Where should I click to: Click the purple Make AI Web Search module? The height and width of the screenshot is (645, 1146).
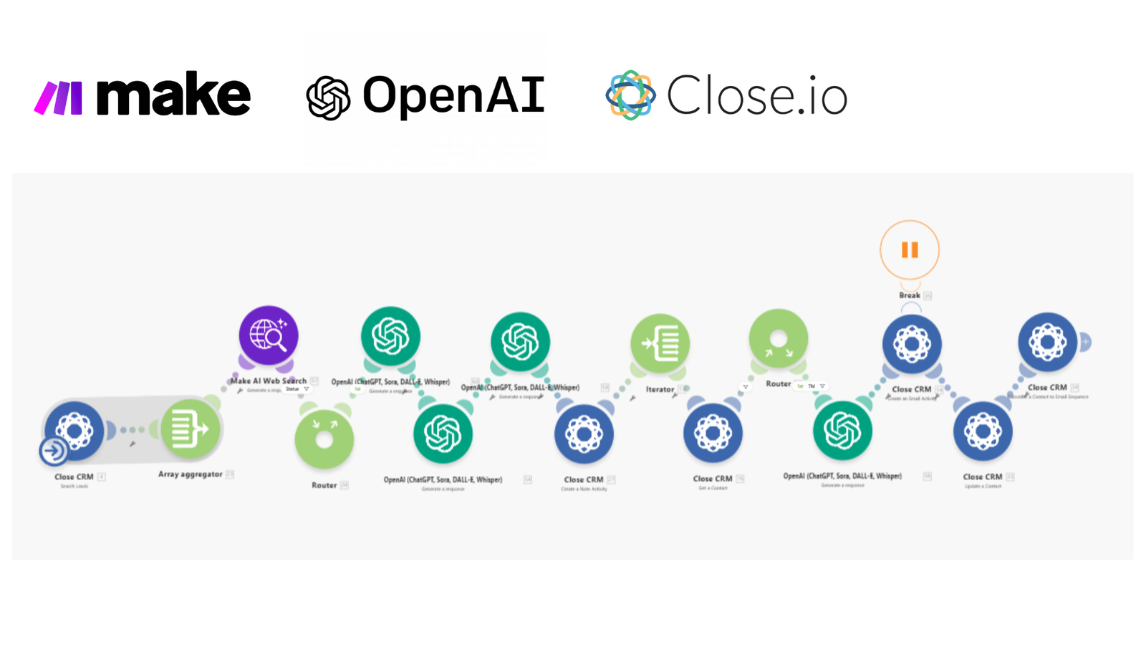coord(269,335)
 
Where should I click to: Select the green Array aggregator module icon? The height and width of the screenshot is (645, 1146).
coord(190,429)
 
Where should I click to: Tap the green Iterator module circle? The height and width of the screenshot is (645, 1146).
coord(660,343)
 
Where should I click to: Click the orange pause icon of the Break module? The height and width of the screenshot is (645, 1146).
coord(910,249)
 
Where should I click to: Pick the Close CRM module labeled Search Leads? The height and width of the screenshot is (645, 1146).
coord(74,430)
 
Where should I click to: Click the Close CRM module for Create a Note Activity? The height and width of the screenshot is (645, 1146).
coord(584,434)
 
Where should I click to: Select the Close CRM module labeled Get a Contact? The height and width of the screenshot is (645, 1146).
coord(713,432)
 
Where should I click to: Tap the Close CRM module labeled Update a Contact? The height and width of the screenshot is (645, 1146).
coord(983,431)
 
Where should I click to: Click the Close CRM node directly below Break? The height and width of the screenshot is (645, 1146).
coord(911,344)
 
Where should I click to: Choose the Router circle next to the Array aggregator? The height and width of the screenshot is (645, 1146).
coord(324,438)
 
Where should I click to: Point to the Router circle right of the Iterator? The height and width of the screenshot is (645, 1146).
coord(779,339)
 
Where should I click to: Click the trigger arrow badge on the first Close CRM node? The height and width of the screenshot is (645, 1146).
coord(54,451)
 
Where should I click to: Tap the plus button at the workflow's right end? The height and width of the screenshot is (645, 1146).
coord(1085,343)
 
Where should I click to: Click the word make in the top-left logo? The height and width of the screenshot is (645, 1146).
coord(173,95)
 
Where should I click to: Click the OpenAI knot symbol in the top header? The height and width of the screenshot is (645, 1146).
coord(328,97)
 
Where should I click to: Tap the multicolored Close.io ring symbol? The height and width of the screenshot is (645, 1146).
coord(630,95)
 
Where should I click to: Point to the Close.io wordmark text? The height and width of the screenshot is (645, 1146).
coord(757,95)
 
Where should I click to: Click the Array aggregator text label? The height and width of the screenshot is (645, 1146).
coord(190,474)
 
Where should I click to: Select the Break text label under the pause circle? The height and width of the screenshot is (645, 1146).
coord(910,295)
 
